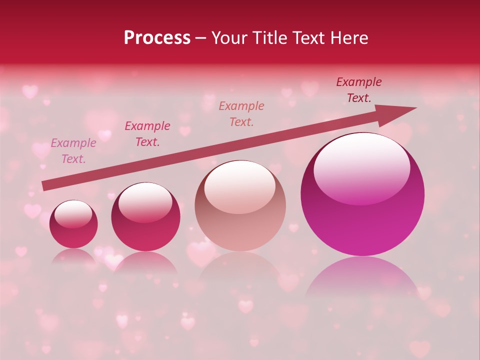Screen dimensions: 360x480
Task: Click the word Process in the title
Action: pyautogui.click(x=157, y=38)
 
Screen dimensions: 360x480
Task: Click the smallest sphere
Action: pyautogui.click(x=73, y=224)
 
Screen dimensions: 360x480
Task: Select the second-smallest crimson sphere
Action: pyautogui.click(x=145, y=217)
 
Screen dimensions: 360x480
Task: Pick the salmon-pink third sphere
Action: pyautogui.click(x=240, y=206)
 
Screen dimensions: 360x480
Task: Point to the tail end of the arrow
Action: pyautogui.click(x=44, y=186)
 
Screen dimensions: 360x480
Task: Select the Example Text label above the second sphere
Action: pyautogui.click(x=147, y=134)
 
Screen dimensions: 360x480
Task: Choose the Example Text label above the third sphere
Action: pyautogui.click(x=241, y=114)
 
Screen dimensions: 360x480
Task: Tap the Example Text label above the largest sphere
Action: pyautogui.click(x=358, y=90)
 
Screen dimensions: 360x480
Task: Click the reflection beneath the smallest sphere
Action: pyautogui.click(x=73, y=256)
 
